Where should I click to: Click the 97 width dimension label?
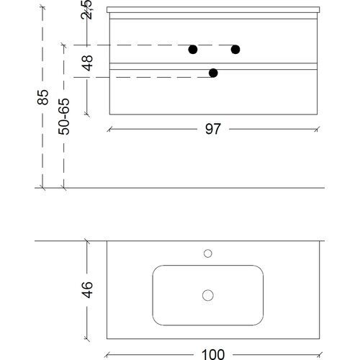tap(212, 129)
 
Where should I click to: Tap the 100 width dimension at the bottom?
tap(213, 354)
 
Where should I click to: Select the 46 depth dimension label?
tap(87, 290)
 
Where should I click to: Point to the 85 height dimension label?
tap(43, 97)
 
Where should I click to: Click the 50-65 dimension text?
tap(64, 117)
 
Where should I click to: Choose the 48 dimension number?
tap(87, 63)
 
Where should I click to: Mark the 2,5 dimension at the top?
tap(86, 9)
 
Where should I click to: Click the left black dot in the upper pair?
tap(193, 50)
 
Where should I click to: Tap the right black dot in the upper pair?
tap(235, 50)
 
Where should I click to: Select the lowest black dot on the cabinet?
tap(213, 73)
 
